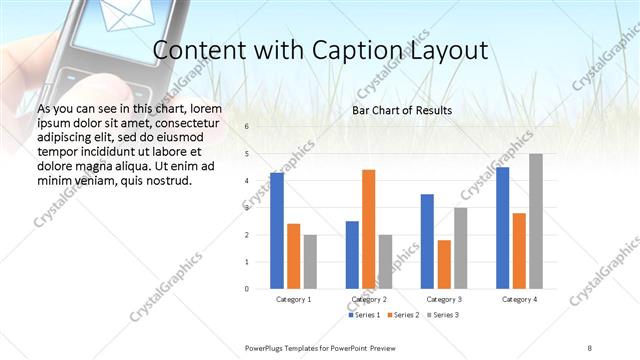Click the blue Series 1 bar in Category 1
pyautogui.click(x=277, y=230)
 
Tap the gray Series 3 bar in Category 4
pyautogui.click(x=536, y=221)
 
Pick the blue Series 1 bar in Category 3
pyautogui.click(x=427, y=241)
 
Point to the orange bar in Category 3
pyautogui.click(x=444, y=264)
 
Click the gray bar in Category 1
pyautogui.click(x=311, y=261)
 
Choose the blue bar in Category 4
pyautogui.click(x=502, y=227)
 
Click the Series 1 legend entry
pyautogui.click(x=363, y=315)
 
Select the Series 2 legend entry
pyautogui.click(x=405, y=315)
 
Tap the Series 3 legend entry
pyautogui.click(x=446, y=315)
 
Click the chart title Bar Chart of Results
pyautogui.click(x=402, y=110)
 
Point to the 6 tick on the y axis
pyautogui.click(x=247, y=127)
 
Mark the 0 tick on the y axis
pyautogui.click(x=247, y=289)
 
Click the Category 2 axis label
pyautogui.click(x=369, y=299)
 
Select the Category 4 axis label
pyautogui.click(x=519, y=299)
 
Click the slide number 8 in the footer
pyautogui.click(x=590, y=347)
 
